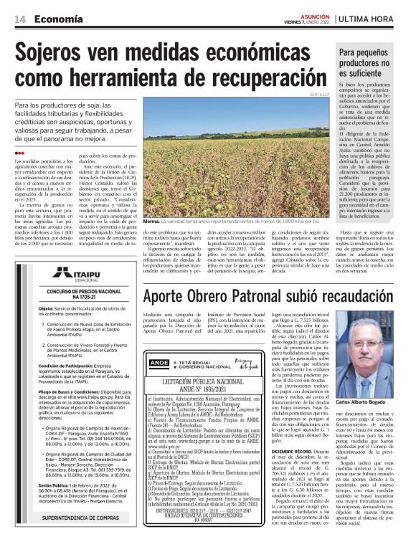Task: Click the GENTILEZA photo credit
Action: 320,95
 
